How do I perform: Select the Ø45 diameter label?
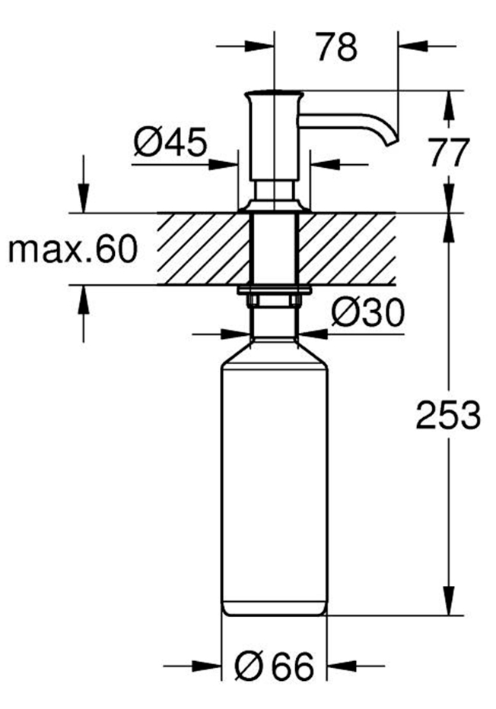point(170,142)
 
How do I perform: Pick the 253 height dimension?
point(449,415)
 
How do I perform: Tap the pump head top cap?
point(274,97)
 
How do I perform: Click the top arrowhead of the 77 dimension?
point(449,103)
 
